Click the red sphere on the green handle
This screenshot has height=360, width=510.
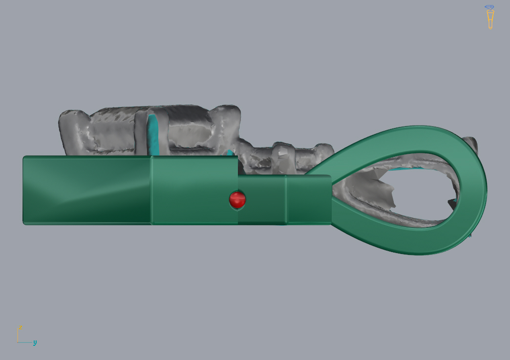point(237,199)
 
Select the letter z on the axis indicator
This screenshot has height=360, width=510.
point(20,327)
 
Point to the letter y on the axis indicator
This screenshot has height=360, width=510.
point(35,342)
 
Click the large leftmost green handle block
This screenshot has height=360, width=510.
point(87,190)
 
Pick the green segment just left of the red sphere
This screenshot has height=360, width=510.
point(194,190)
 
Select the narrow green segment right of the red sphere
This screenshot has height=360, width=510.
point(262,199)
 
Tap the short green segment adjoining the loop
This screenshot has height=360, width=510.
point(309,199)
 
